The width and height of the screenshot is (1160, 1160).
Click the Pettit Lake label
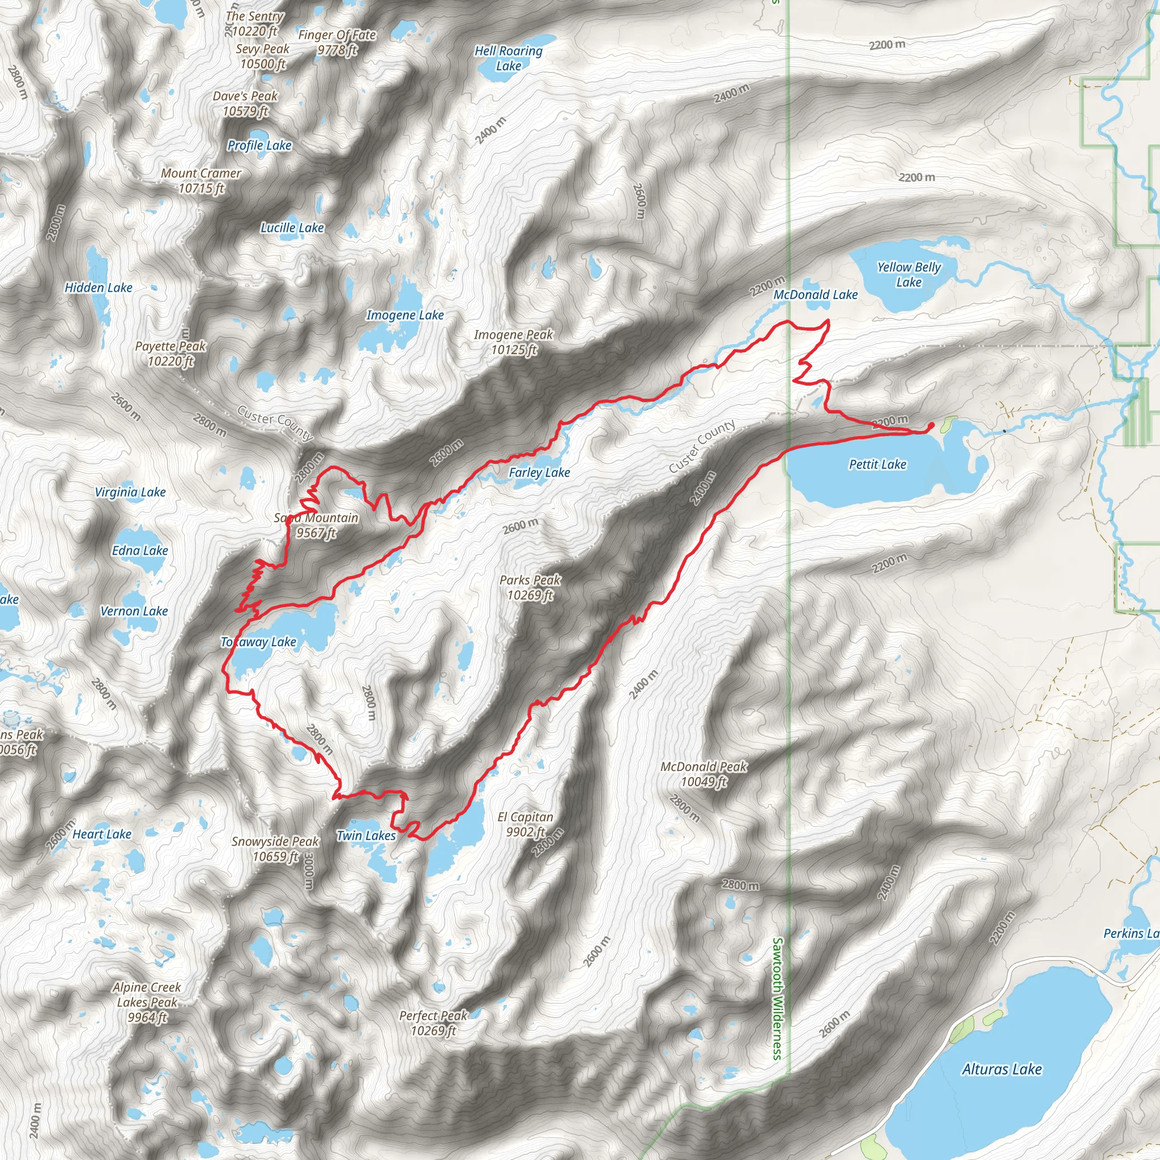tap(877, 464)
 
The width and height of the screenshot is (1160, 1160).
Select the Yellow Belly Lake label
tap(909, 274)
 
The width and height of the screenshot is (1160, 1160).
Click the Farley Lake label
tap(539, 472)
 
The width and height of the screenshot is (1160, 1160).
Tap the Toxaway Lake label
tap(258, 642)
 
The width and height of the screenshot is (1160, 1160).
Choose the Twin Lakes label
tap(366, 835)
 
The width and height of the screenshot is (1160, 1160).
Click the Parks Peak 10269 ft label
tap(530, 587)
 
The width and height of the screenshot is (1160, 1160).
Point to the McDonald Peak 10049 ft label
tap(703, 774)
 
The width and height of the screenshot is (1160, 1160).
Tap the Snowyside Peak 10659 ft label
tap(275, 848)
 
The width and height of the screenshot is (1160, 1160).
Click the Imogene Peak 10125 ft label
tap(513, 342)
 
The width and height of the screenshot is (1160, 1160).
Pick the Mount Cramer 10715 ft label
tap(201, 181)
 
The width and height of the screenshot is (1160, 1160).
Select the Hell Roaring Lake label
tap(509, 58)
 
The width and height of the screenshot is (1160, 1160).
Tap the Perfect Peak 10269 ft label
tap(433, 1023)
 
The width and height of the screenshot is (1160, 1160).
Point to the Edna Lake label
tap(140, 551)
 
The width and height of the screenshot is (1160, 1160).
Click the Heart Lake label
tap(101, 834)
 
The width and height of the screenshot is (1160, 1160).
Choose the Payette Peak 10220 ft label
tap(170, 353)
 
